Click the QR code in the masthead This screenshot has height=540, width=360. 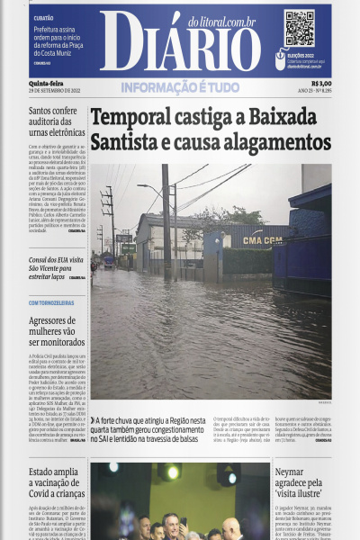(299, 28)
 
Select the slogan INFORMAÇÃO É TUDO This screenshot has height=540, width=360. (180, 87)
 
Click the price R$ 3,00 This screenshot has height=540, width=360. (320, 84)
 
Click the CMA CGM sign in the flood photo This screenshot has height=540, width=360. (262, 240)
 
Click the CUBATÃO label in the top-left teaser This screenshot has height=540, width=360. (43, 18)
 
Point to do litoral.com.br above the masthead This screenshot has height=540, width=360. (221, 21)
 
